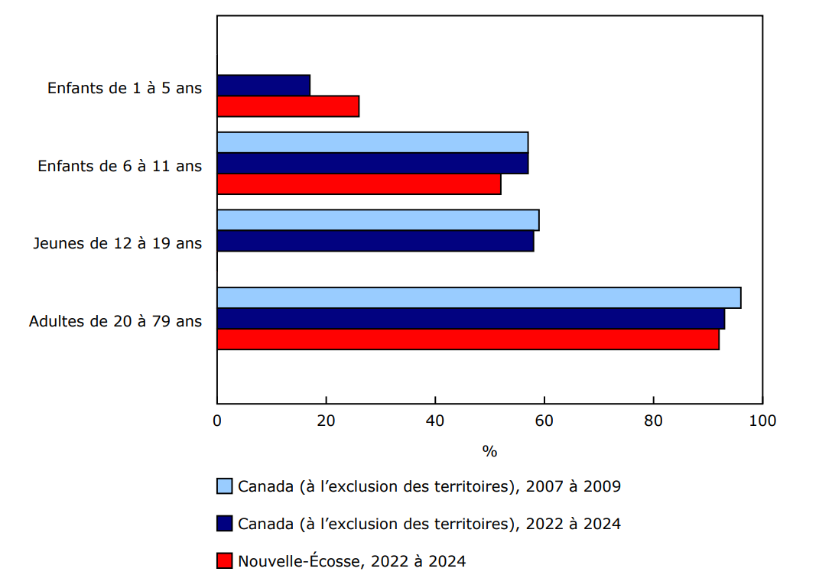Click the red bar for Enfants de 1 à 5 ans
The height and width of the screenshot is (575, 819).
[x=288, y=106]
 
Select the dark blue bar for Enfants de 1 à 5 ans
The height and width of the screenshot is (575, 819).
[x=264, y=86]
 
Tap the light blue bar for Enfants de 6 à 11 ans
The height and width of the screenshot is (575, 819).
[x=372, y=143]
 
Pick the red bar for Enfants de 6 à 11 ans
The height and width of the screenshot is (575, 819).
[x=359, y=184]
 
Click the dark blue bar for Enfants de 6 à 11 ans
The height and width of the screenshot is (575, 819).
[x=372, y=164]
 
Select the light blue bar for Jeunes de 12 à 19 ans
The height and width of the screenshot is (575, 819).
[x=378, y=220]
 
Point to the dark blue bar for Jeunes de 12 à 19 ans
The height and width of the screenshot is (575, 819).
[x=375, y=241]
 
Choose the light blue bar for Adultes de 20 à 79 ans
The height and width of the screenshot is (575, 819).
[x=479, y=297]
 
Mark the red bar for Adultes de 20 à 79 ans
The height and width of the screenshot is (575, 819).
[x=468, y=339]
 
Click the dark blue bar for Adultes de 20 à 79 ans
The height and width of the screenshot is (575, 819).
[x=471, y=319]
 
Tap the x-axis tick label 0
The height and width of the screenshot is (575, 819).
[x=217, y=421]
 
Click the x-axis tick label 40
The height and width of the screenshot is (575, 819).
[x=435, y=421]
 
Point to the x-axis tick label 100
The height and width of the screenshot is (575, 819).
[x=762, y=421]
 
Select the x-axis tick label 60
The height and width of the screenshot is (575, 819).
[x=544, y=421]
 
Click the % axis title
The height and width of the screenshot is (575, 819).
[x=489, y=451]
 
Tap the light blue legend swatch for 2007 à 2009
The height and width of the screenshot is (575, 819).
[x=224, y=486]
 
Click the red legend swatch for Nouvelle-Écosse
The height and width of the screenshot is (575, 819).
[x=224, y=561]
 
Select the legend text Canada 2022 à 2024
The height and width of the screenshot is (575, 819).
[x=429, y=524]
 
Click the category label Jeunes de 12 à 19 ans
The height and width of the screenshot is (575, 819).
[x=117, y=243]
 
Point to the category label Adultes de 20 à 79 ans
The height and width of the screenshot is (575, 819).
[x=115, y=321]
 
